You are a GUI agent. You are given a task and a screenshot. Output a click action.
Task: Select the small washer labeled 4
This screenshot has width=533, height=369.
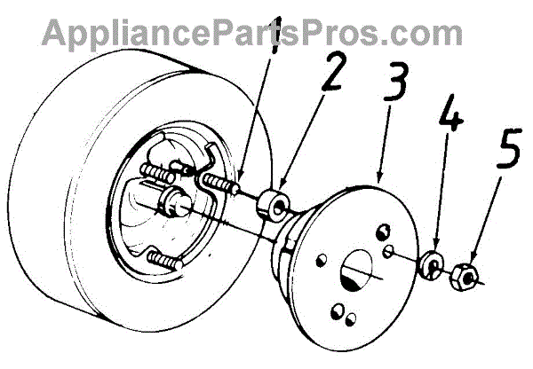pyautogui.click(x=433, y=264)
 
